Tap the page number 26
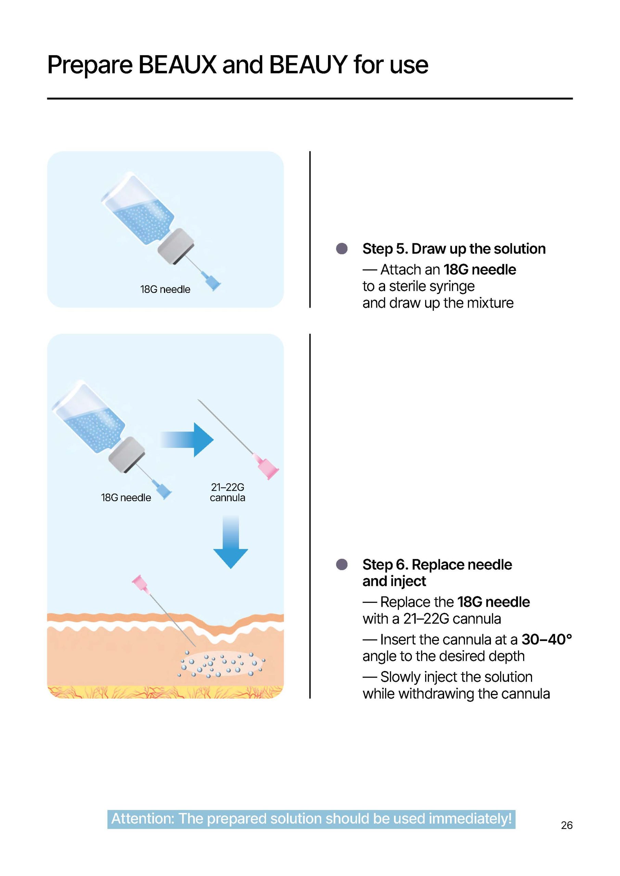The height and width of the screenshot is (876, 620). [x=567, y=825]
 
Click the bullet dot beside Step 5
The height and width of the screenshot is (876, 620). [x=342, y=249]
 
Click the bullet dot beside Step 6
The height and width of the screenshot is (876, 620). [x=342, y=565]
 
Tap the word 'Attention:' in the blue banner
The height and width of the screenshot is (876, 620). [x=143, y=819]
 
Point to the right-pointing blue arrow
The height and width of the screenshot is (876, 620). [x=187, y=439]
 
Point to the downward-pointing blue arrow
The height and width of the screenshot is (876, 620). [x=231, y=542]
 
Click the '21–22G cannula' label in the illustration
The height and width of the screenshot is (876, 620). [x=228, y=492]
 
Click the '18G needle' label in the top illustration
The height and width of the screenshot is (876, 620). [x=165, y=289]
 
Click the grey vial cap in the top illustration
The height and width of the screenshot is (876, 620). [x=176, y=246]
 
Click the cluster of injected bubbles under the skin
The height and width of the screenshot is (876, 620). [x=222, y=664]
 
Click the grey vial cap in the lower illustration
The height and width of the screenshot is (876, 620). [x=127, y=455]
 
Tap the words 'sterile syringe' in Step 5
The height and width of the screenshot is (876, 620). [x=432, y=286]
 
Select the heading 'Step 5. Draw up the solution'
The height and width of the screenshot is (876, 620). [x=454, y=249]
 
